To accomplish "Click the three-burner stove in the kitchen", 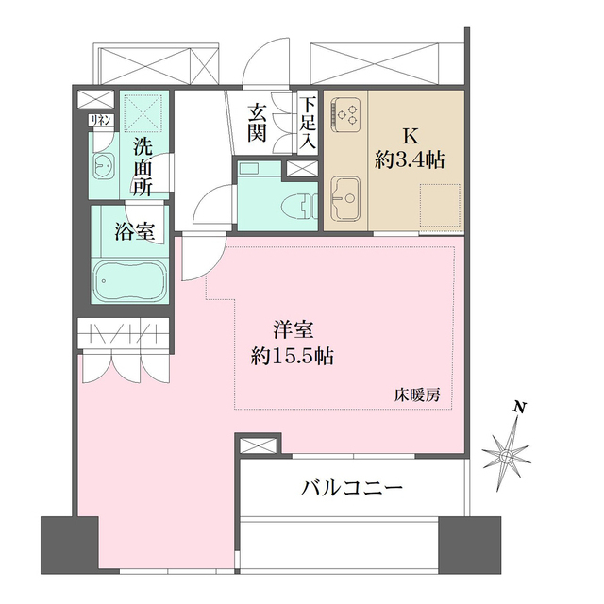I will click(x=347, y=114).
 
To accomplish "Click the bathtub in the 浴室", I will click(x=130, y=280).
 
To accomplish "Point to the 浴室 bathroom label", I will click(x=135, y=232).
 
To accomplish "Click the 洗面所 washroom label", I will click(x=143, y=167).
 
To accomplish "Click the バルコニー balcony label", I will click(x=353, y=488).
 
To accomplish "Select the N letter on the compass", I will click(x=518, y=408).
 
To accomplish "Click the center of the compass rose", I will click(x=508, y=457).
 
